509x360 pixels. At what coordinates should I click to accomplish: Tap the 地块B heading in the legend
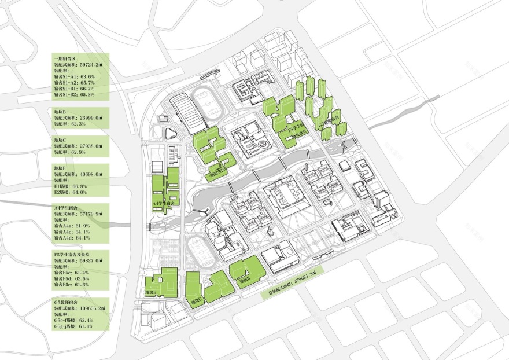tap(60, 111)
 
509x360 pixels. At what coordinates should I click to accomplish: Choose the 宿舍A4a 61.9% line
tap(73, 226)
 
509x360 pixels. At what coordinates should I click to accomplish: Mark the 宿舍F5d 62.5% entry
tap(73, 278)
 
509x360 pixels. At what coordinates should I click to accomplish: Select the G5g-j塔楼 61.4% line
tap(74, 327)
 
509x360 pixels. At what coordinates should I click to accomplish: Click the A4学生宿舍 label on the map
tap(163, 204)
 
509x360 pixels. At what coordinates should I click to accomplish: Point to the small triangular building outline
tap(169, 134)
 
